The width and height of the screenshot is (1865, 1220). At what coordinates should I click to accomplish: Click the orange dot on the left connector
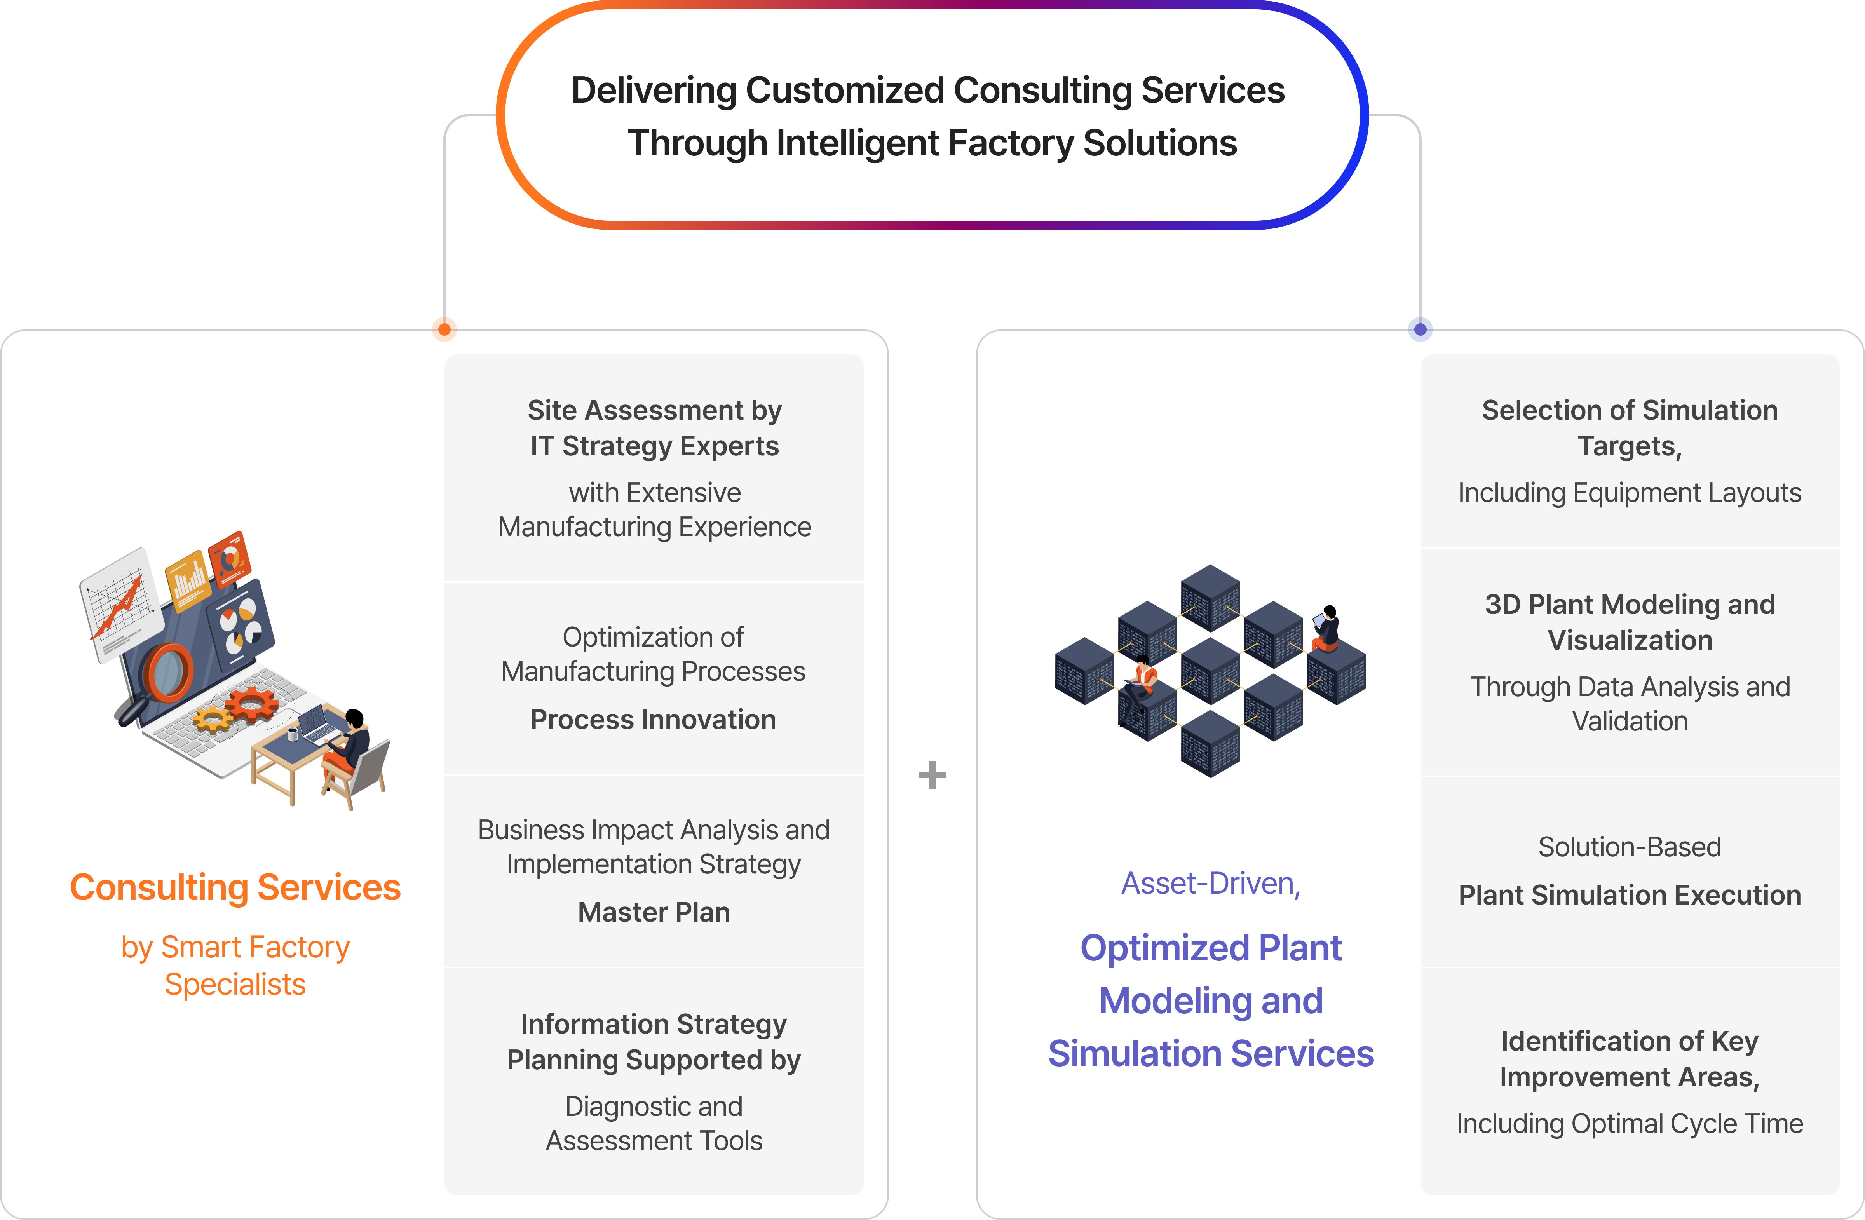[444, 329]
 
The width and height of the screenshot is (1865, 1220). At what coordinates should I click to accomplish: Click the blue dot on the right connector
[1420, 329]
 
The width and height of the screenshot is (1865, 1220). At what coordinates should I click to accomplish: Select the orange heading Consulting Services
[235, 888]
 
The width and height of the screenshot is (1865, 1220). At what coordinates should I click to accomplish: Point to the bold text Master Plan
[654, 912]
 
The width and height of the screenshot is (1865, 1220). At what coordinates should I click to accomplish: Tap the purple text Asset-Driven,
[1211, 883]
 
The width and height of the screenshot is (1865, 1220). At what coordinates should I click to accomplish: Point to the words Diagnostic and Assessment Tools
[654, 1124]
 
